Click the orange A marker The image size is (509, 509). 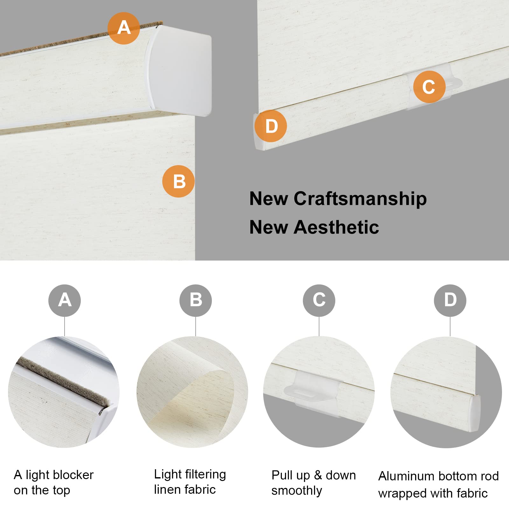coord(123,28)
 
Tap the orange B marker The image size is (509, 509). coord(178,181)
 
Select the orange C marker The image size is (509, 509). coord(429,87)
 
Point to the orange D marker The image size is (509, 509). coord(271,126)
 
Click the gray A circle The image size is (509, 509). coord(65,300)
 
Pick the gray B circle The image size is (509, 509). coord(195,300)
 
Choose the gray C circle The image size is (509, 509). coord(319,300)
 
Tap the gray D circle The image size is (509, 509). coord(450,300)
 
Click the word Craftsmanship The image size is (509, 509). coord(360,199)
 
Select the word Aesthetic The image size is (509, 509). coord(336,227)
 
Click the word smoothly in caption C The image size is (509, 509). coord(296,491)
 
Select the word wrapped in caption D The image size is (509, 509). coord(398,493)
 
